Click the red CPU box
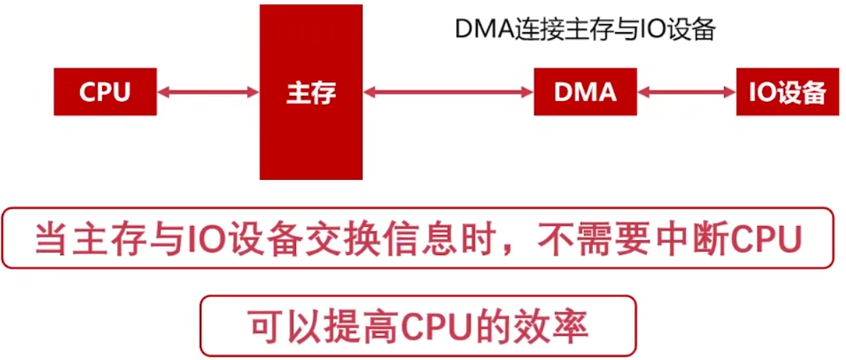pyautogui.click(x=105, y=92)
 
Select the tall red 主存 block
pyautogui.click(x=311, y=92)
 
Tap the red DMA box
pyautogui.click(x=585, y=92)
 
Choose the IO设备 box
pyautogui.click(x=788, y=92)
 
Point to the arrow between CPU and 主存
pyautogui.click(x=208, y=92)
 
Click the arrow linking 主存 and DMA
pyautogui.click(x=448, y=92)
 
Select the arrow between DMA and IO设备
pyautogui.click(x=687, y=92)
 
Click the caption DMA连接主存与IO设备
pyautogui.click(x=585, y=30)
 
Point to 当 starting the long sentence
pyautogui.click(x=51, y=239)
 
